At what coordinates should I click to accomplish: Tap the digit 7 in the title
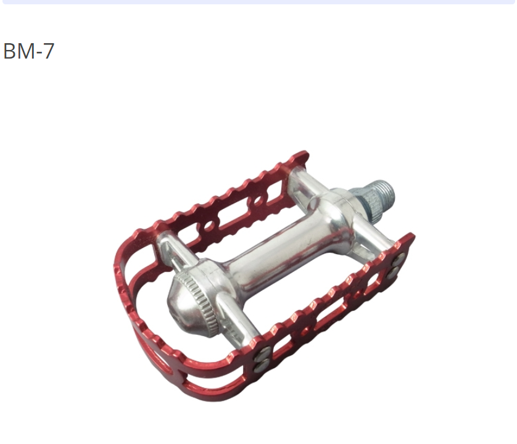point(48,51)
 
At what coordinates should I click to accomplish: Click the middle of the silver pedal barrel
point(277,250)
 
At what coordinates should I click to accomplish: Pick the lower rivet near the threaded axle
point(394,273)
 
